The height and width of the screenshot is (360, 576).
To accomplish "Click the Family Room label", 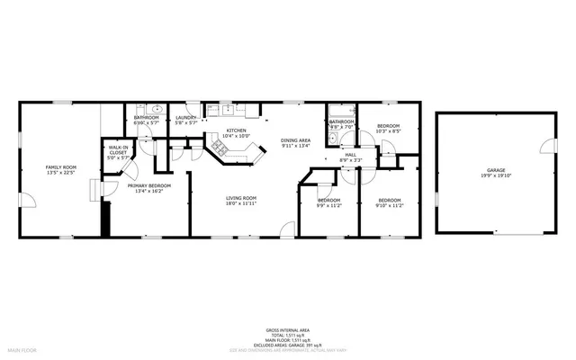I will (x=62, y=167).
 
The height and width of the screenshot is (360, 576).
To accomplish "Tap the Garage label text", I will (x=496, y=170).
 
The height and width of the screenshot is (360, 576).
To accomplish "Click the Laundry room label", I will (x=186, y=117).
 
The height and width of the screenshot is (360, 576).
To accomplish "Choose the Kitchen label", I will (x=237, y=130).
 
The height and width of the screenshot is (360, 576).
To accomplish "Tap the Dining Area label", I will (x=295, y=140).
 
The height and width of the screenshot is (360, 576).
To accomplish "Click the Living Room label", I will (x=241, y=198).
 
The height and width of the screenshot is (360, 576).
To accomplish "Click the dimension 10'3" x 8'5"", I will (x=388, y=131).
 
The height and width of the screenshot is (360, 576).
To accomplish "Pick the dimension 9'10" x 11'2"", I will (x=389, y=205).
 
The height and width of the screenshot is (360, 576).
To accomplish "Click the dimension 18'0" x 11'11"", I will (x=241, y=204).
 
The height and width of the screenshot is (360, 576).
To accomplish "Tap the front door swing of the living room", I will (x=287, y=229).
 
